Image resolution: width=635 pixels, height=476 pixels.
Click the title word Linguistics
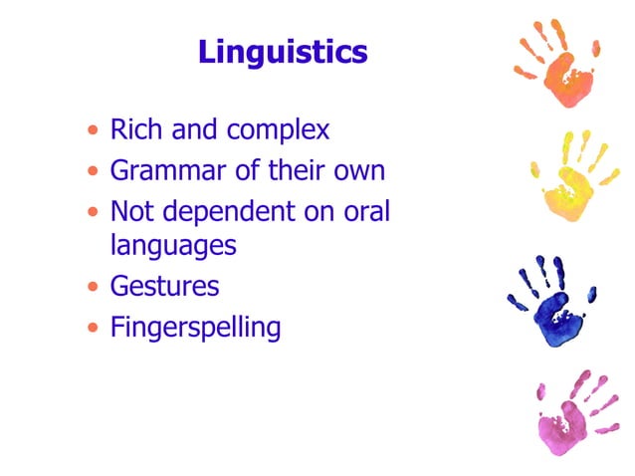tap(283, 52)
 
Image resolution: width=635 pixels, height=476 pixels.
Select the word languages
tap(173, 245)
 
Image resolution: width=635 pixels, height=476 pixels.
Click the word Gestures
tap(164, 286)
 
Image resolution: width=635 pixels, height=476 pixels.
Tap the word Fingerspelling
tap(195, 328)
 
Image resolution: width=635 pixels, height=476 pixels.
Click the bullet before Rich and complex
tap(93, 130)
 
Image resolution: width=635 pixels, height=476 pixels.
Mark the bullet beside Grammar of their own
tap(93, 171)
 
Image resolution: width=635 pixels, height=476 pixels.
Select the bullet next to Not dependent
tap(93, 212)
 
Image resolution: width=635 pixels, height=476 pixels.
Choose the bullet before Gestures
tap(93, 287)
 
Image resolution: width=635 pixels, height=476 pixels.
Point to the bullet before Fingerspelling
tap(93, 327)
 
